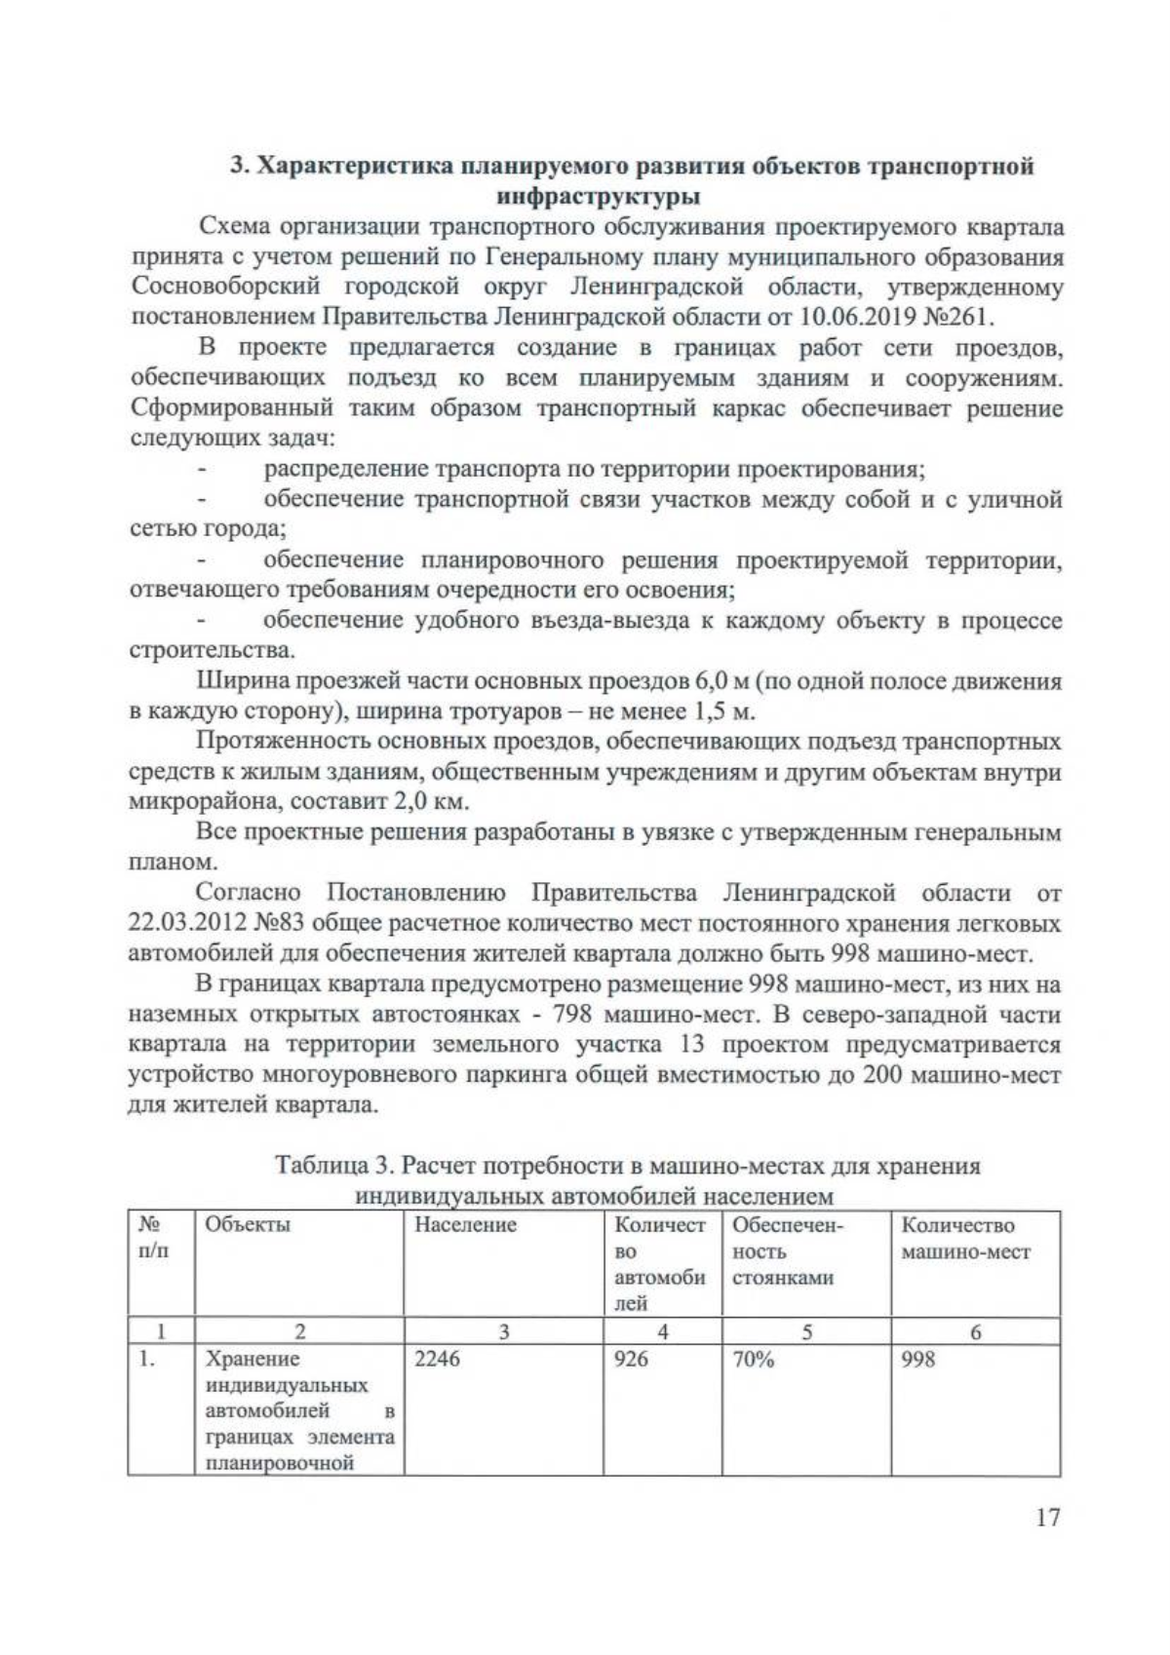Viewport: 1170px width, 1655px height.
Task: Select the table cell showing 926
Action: (631, 1359)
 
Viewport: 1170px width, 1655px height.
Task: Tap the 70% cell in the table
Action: (753, 1359)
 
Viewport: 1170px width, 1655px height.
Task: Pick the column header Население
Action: (465, 1225)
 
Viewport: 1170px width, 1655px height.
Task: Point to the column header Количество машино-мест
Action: (965, 1238)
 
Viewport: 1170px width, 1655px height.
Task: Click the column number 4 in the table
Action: (662, 1332)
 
